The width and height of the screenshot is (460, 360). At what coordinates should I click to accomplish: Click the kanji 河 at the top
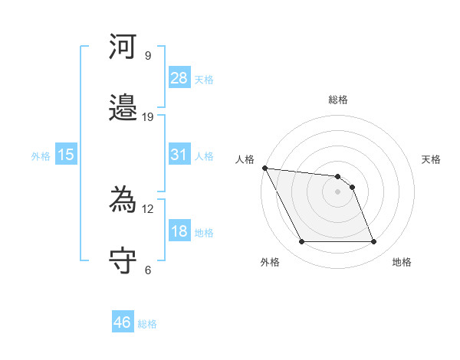point(123,47)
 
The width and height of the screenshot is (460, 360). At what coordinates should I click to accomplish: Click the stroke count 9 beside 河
point(148,56)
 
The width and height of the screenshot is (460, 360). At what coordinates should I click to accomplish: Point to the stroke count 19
point(148,116)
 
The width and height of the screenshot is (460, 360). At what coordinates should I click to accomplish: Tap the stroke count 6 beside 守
point(148,270)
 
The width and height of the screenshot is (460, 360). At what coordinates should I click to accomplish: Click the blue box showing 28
point(179,77)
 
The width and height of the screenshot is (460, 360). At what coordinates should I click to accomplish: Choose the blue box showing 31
point(179,155)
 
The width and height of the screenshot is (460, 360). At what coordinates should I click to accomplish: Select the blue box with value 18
point(179,231)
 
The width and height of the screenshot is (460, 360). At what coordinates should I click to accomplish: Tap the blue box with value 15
point(66,155)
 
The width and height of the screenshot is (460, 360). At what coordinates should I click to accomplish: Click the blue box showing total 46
point(123,322)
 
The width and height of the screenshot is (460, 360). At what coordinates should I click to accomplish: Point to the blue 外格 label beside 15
point(41,155)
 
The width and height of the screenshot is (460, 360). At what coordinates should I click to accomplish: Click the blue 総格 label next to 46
point(147,324)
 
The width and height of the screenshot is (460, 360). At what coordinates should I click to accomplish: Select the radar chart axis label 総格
point(337,100)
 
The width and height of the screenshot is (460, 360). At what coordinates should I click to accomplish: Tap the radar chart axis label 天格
point(431,159)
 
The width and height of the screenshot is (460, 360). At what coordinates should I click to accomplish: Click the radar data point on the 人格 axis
point(264,168)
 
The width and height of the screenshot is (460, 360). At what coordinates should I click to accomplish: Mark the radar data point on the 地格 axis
point(373,242)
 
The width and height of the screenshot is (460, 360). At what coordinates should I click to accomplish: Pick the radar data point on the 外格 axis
point(301,242)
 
